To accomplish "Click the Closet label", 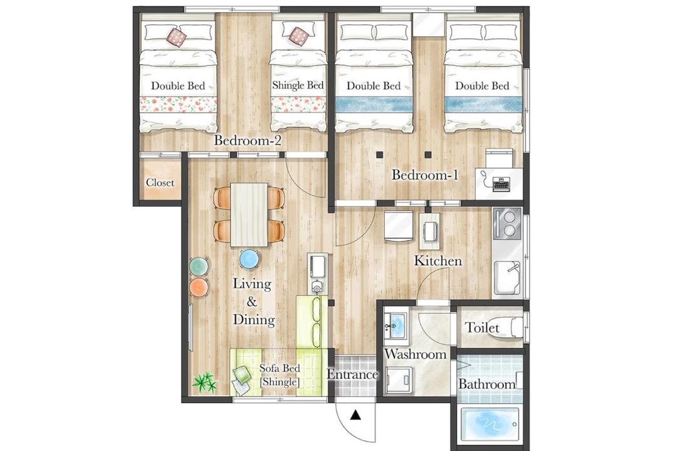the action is [160, 182].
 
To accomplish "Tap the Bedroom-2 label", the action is [248, 140].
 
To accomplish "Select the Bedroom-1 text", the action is [424, 175].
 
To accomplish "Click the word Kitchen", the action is [438, 261].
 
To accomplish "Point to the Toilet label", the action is [482, 328].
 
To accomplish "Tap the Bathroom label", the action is [486, 384].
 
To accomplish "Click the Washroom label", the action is [415, 354].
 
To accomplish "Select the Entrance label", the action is [352, 374].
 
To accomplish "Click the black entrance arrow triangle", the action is [355, 415].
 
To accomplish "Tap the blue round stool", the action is [249, 260].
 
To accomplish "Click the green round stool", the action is [199, 267].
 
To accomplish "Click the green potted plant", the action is [204, 382].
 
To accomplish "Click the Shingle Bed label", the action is [298, 85].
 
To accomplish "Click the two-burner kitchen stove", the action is [507, 224].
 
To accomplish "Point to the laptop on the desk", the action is [501, 184].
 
